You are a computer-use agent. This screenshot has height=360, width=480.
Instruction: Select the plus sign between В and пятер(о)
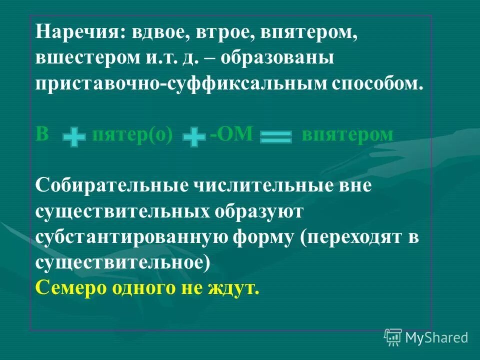(74, 137)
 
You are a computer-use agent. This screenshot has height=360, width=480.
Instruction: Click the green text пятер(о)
(132, 135)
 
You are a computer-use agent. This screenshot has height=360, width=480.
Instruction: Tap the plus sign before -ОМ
(194, 137)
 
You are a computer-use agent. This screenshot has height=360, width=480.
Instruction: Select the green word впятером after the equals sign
(347, 135)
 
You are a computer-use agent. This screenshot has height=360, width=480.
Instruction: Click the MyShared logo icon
(393, 337)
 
